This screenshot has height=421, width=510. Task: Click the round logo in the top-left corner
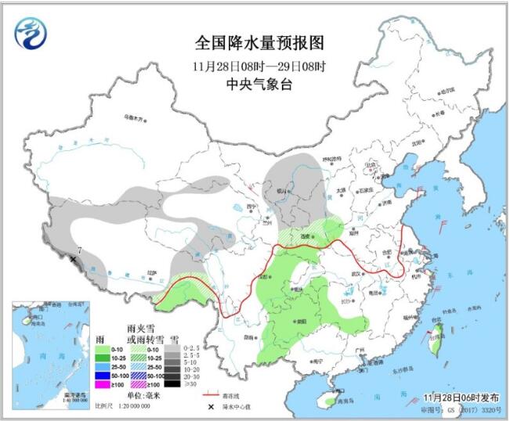31,32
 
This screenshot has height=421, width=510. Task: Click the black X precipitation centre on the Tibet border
73,258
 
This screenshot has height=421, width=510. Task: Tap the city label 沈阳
436,142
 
